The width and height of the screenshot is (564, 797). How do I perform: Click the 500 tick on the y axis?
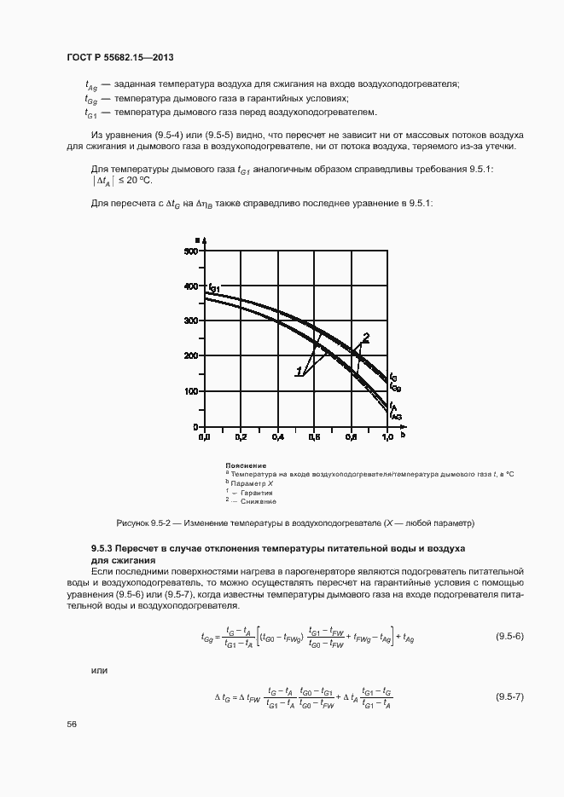192,251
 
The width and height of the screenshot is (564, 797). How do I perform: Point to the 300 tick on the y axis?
192,321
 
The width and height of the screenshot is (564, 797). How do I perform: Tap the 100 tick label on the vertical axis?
192,391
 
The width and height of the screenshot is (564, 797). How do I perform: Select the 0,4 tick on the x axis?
278,436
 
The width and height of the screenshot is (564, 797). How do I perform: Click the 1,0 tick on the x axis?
388,436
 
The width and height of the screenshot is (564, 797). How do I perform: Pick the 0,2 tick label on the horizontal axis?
241,436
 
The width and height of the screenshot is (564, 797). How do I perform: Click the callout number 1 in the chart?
300,372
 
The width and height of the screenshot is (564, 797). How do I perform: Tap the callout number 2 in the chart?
365,336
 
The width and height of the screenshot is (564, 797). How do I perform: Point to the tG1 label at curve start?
212,288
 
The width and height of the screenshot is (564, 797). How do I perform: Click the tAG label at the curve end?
395,414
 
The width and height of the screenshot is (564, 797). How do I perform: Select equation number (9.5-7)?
509,697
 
